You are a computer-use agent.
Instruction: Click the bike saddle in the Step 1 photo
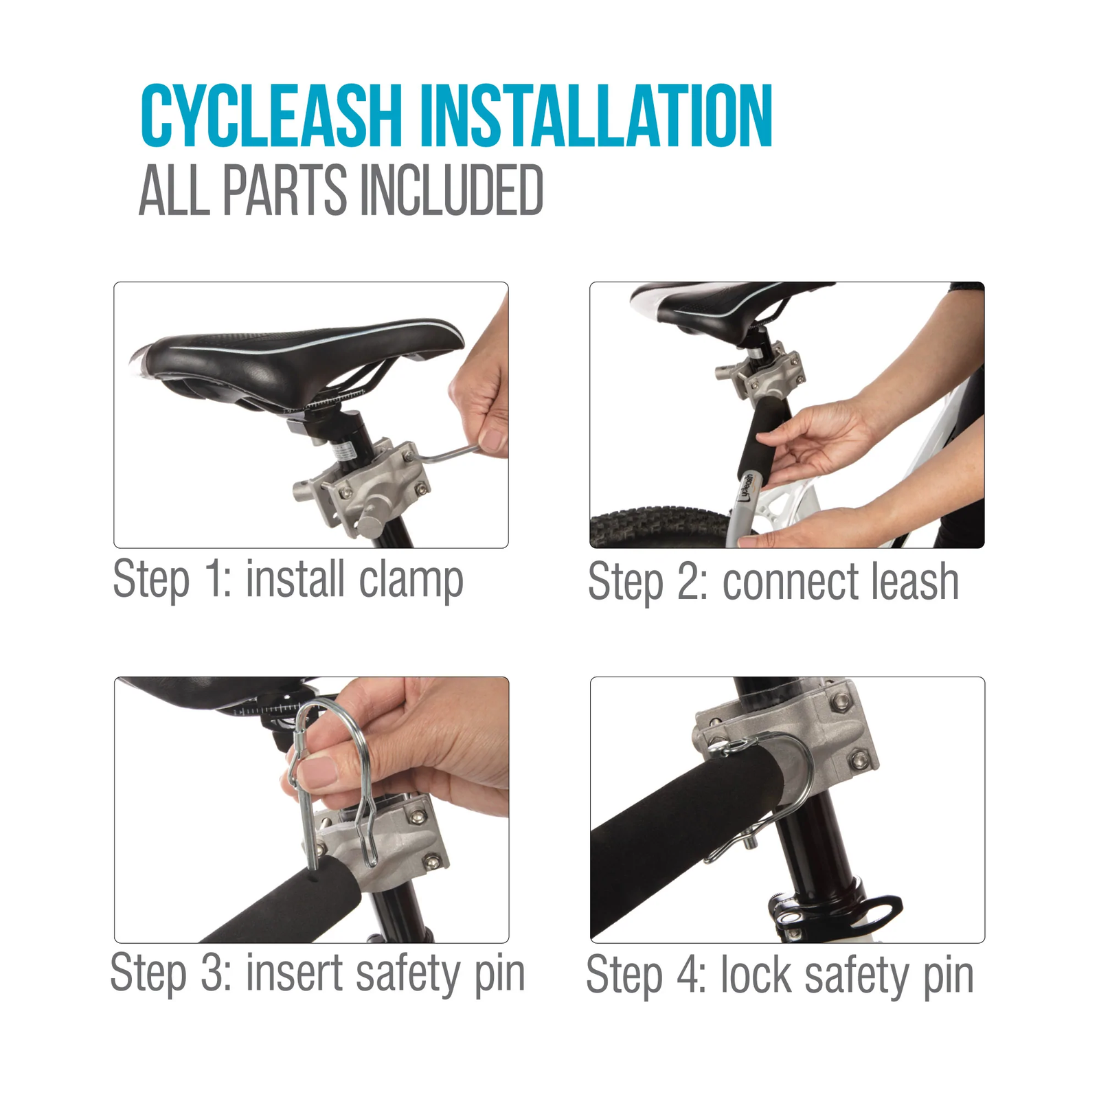295,357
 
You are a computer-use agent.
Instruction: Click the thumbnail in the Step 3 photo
317,773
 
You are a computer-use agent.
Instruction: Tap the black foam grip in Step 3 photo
275,907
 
